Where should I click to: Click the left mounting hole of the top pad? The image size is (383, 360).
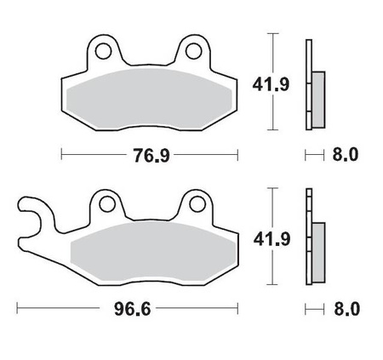point(104,51)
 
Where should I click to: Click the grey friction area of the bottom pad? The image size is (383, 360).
point(149,254)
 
